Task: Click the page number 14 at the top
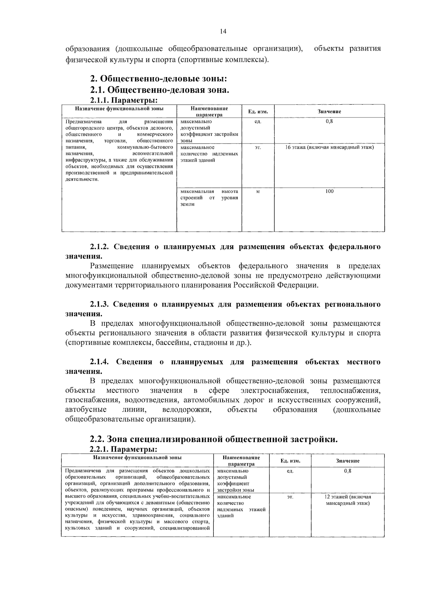tap(223, 31)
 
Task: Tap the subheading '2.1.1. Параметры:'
tap(124, 100)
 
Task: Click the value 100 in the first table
tap(329, 191)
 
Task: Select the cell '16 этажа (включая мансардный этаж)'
tap(329, 147)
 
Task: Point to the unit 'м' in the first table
tap(258, 191)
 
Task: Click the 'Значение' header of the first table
tap(329, 111)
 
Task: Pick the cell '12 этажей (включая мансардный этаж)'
tap(348, 500)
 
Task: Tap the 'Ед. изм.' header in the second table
tap(290, 461)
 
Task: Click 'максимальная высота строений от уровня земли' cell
tap(209, 198)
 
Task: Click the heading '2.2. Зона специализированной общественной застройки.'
tap(214, 439)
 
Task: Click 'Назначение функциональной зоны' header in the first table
tap(119, 109)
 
